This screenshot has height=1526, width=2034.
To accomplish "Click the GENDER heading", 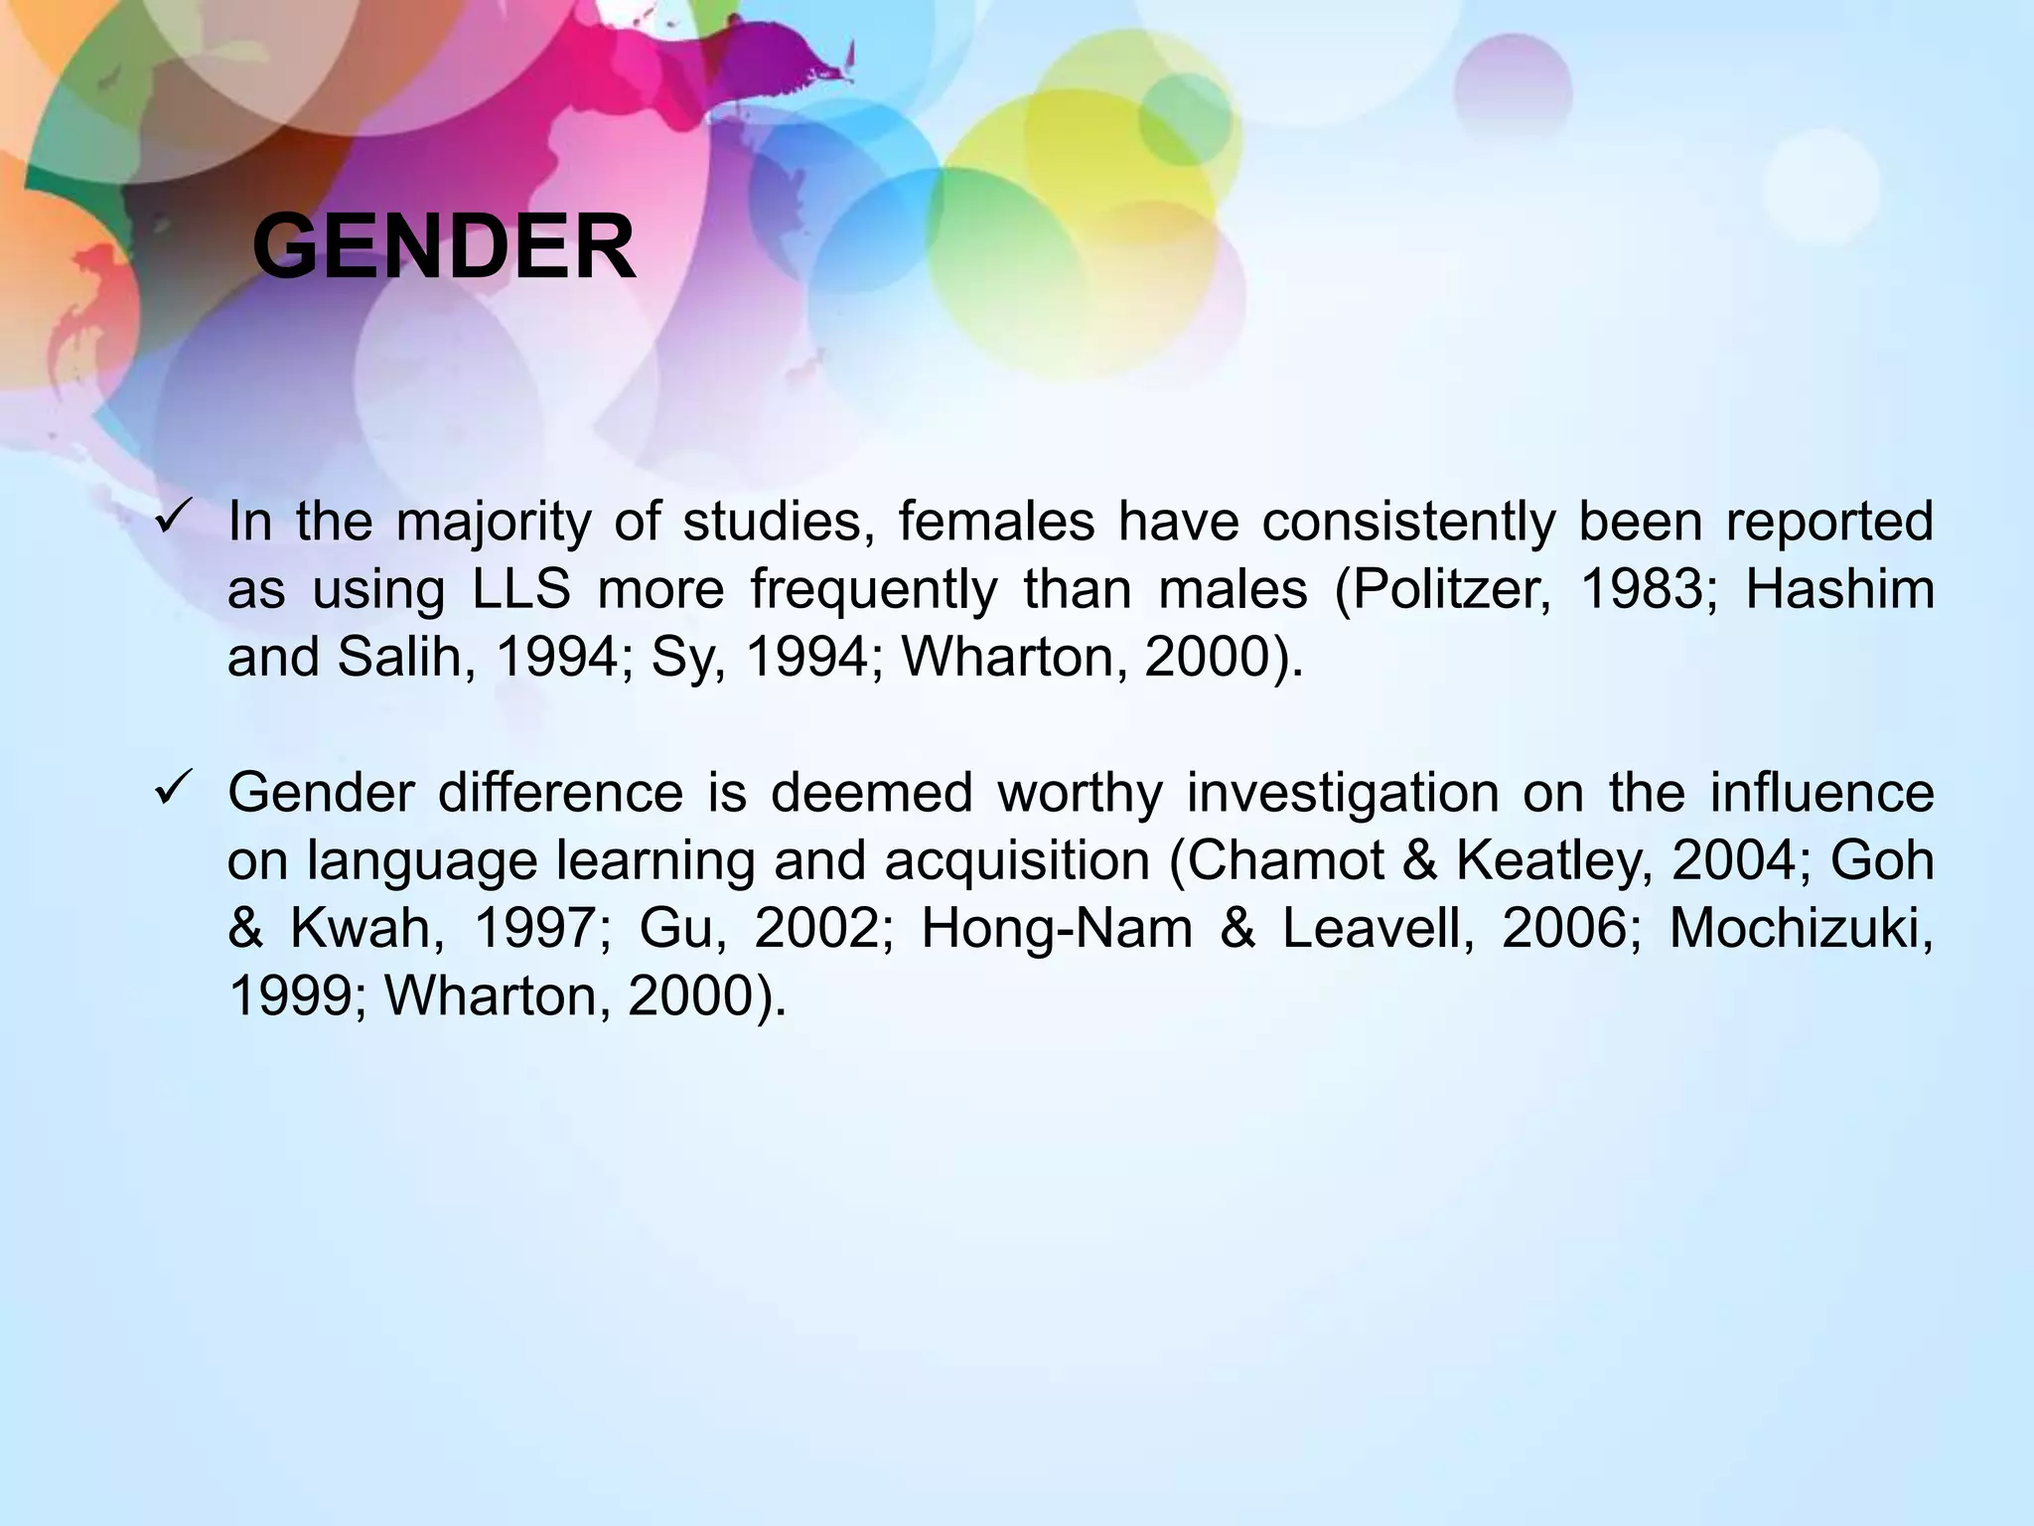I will tap(444, 247).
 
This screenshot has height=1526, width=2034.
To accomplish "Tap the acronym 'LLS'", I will tap(521, 589).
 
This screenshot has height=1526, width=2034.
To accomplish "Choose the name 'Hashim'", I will tap(1839, 589).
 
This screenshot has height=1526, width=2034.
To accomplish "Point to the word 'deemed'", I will tap(871, 793).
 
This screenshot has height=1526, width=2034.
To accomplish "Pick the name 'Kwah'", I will tap(361, 928).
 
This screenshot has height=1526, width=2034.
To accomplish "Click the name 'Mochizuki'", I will tap(1800, 928).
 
